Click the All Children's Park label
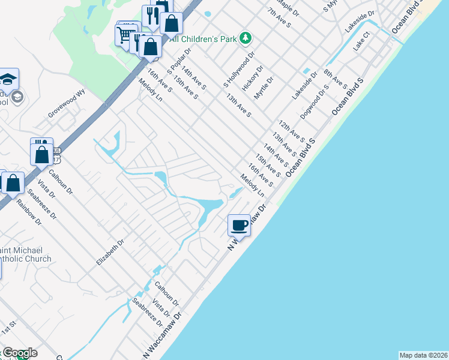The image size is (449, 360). click(x=204, y=39)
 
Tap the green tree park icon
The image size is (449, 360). click(x=245, y=38)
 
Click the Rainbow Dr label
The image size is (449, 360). click(x=29, y=212)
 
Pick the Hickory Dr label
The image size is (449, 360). click(x=253, y=78)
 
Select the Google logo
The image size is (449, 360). click(x=19, y=353)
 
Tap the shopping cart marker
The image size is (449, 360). click(x=125, y=34)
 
